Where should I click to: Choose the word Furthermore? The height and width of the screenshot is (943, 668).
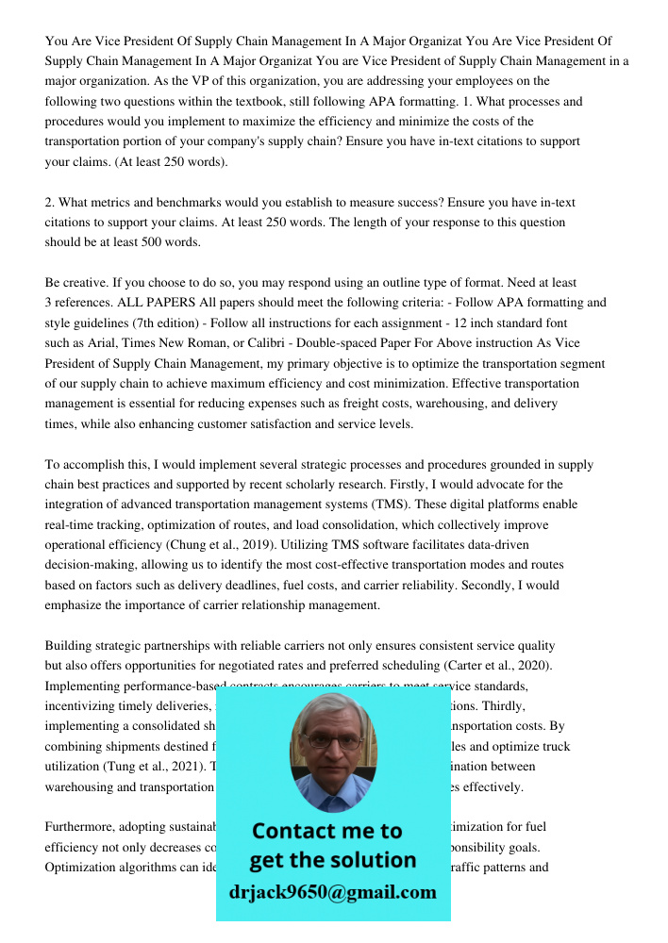79,827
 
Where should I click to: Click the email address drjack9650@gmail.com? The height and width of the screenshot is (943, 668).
333,892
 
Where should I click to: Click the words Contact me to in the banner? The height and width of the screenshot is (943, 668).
326,831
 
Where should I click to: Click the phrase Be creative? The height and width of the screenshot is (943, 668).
76,283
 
